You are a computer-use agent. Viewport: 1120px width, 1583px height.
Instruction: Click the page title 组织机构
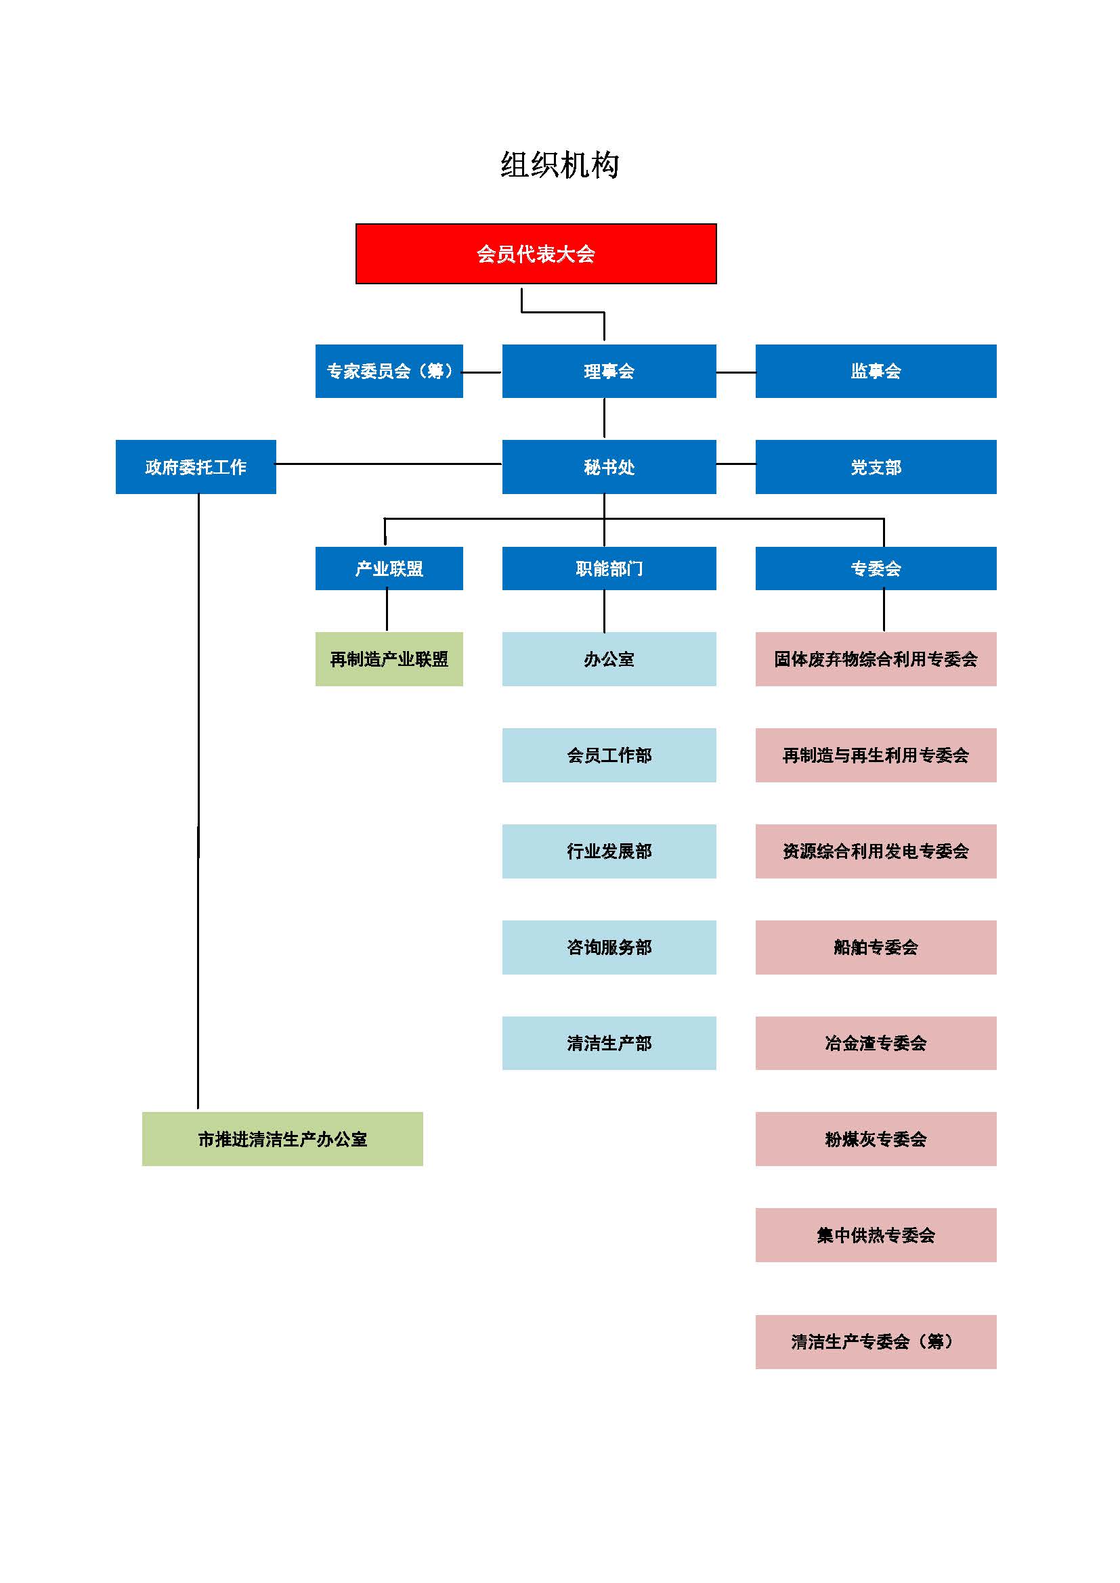point(559,165)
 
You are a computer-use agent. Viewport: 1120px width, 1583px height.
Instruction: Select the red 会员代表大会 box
point(536,254)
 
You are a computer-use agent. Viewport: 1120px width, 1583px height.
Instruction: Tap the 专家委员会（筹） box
point(389,371)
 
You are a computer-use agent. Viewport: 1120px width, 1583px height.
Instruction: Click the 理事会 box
point(609,371)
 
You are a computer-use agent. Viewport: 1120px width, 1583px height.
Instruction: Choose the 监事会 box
point(876,371)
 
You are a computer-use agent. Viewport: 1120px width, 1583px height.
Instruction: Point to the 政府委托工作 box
point(196,467)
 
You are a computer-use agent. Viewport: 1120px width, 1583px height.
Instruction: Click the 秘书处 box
point(609,467)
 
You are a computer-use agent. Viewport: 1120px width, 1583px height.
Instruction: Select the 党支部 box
point(876,467)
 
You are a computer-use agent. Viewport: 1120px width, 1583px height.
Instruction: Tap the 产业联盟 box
point(389,568)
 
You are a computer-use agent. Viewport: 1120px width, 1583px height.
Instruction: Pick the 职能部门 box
point(609,568)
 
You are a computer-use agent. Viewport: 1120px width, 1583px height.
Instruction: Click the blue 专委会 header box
point(876,568)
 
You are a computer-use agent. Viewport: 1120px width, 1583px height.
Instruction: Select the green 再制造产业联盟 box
point(389,659)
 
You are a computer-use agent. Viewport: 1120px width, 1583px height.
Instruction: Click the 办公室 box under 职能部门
point(609,659)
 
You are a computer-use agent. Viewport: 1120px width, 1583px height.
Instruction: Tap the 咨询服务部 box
point(609,947)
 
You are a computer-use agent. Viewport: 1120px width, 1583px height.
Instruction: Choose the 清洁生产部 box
point(609,1043)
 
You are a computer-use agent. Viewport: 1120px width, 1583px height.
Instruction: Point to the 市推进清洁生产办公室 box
point(283,1139)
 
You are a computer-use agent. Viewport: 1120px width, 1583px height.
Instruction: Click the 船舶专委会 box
point(876,947)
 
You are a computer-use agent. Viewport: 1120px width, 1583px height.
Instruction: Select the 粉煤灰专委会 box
point(876,1139)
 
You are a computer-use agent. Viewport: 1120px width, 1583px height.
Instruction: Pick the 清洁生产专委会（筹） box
point(876,1341)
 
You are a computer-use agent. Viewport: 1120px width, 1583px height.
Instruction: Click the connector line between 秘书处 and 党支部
point(736,464)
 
